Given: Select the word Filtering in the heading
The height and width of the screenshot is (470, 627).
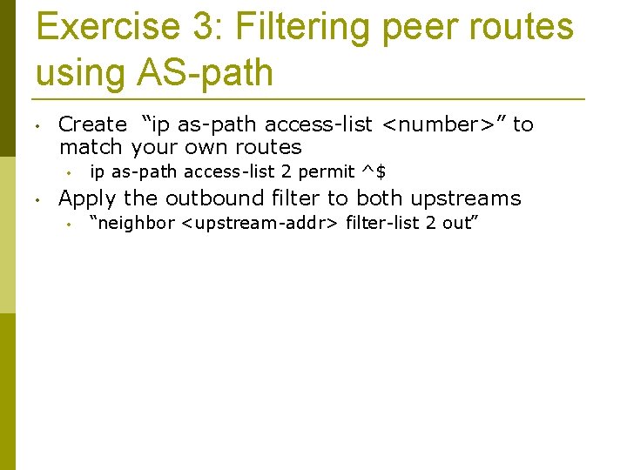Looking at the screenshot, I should [300, 27].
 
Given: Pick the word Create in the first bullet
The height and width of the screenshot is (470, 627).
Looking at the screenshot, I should [91, 124].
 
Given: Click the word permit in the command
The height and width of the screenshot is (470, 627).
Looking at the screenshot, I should [326, 172].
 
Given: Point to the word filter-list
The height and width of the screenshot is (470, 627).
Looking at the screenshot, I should [379, 224].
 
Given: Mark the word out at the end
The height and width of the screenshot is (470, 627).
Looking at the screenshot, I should [458, 224].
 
